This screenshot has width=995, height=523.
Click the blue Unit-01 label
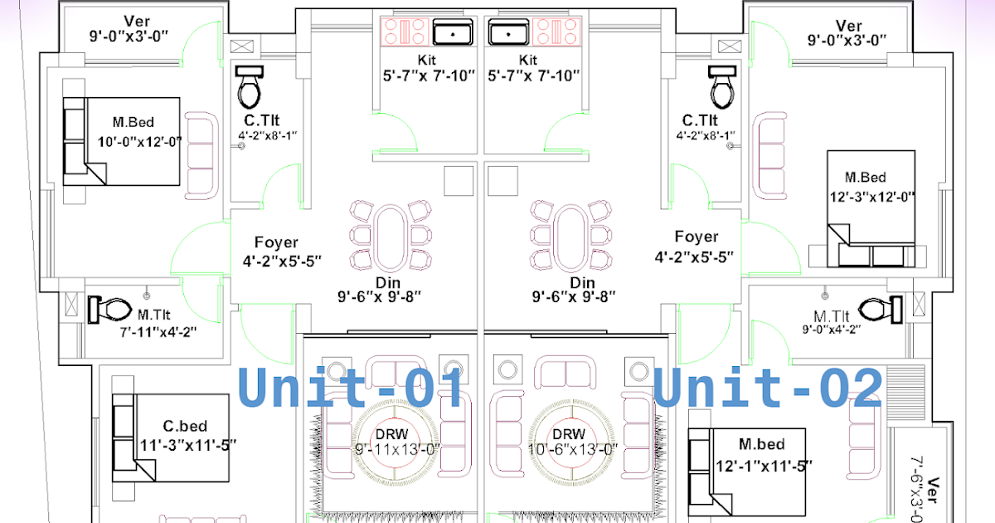tap(351, 388)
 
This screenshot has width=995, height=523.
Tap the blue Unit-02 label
tap(768, 388)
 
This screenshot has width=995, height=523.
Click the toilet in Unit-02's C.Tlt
tap(722, 86)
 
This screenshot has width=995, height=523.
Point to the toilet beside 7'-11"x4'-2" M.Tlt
tap(110, 310)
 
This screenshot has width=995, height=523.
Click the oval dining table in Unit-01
tap(390, 236)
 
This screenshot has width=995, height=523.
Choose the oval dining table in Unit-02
tap(570, 236)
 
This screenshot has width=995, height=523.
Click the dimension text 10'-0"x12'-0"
tap(139, 142)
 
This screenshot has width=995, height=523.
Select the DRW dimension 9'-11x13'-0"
tap(397, 449)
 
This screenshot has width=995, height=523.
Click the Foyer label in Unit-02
tap(696, 237)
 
